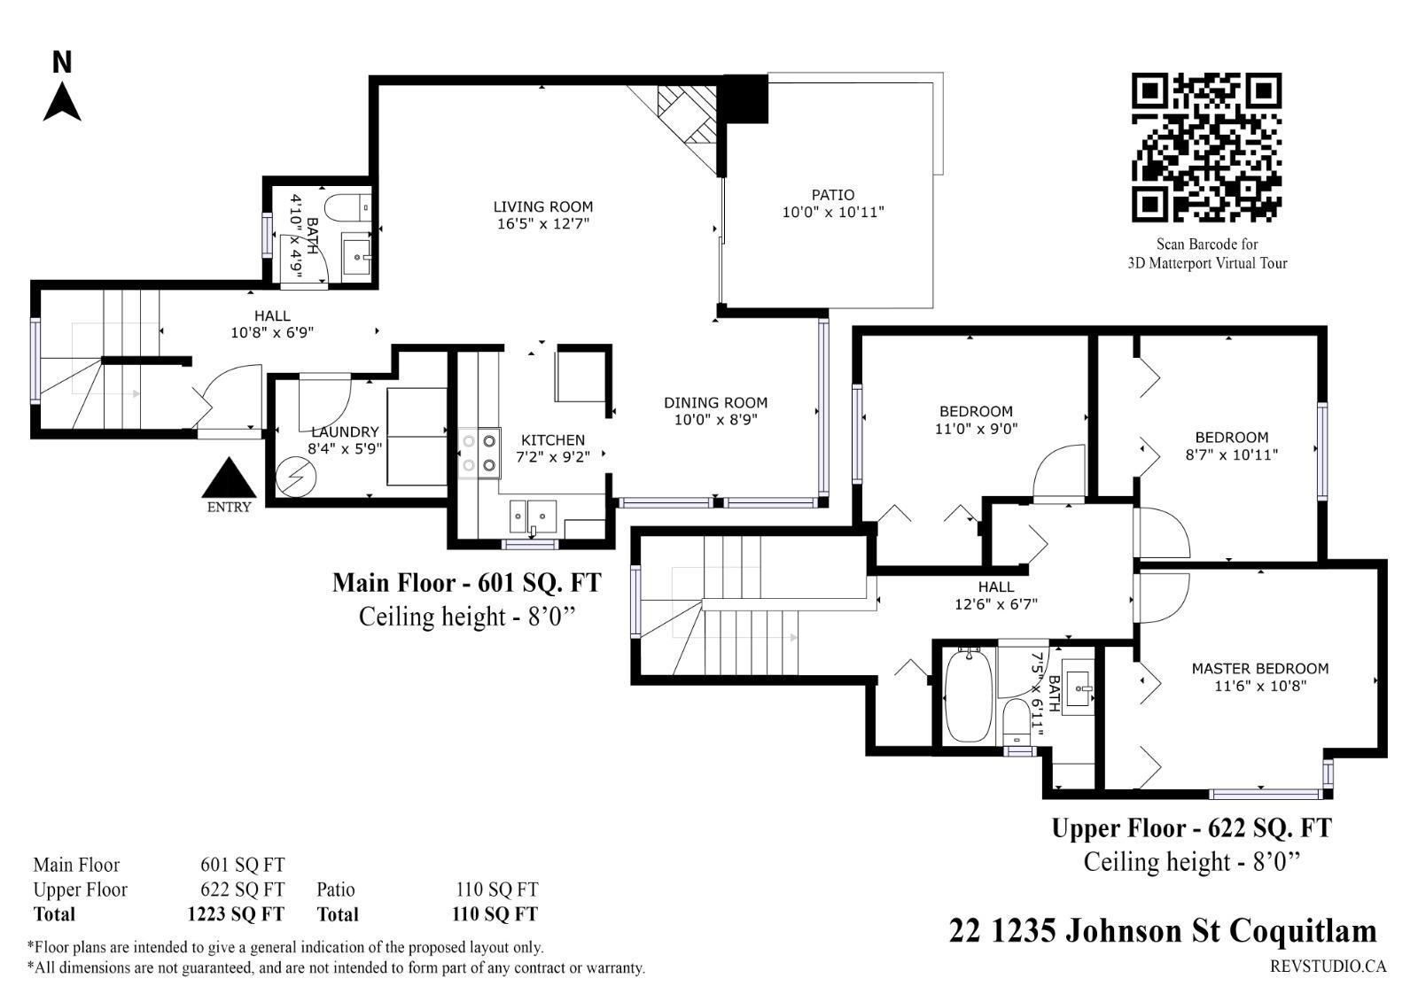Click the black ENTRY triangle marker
(230, 478)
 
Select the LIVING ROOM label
(543, 206)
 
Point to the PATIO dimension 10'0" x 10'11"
(833, 212)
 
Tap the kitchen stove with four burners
(479, 454)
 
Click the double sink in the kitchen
(533, 517)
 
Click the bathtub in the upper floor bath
(968, 695)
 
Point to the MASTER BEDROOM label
(1259, 668)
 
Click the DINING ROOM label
(715, 402)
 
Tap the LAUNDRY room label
(345, 431)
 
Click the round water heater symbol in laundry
(296, 477)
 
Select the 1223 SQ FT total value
(236, 914)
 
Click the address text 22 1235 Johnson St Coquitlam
(1163, 931)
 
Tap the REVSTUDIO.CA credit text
(1328, 967)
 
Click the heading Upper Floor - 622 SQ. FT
(1191, 828)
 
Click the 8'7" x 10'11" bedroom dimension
(1231, 454)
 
